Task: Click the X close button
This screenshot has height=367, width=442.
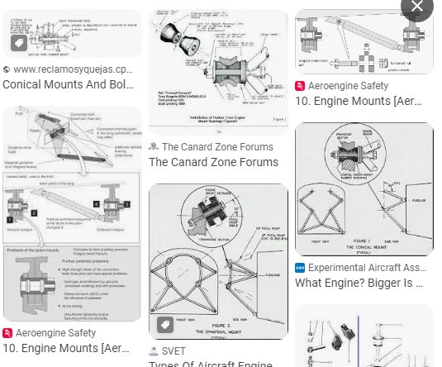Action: tap(417, 7)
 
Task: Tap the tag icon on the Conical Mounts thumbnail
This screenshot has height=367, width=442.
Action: tap(18, 43)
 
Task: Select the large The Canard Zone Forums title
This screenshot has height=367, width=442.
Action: tap(213, 162)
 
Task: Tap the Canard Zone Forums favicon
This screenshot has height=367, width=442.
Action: tap(154, 146)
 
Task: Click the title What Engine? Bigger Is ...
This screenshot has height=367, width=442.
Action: tap(359, 284)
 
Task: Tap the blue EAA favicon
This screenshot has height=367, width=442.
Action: tap(300, 268)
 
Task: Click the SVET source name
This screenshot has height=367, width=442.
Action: tap(173, 350)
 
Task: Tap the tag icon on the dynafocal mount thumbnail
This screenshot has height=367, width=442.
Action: tap(165, 323)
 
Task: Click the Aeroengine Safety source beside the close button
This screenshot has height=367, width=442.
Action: tap(354, 85)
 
